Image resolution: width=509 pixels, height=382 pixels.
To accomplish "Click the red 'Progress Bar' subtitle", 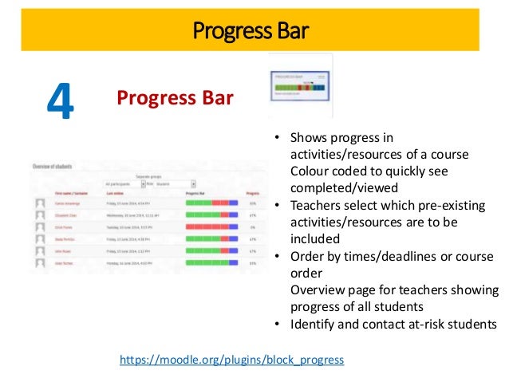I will [x=175, y=98].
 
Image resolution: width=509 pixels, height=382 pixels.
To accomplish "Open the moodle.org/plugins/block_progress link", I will [x=231, y=360].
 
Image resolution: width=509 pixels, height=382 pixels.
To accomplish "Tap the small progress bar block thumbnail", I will [x=300, y=86].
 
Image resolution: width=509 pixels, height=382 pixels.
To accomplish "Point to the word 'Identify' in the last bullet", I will [x=314, y=323].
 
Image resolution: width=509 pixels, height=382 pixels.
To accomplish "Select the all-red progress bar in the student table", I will [x=211, y=226].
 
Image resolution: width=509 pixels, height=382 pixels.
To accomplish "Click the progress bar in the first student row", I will [x=211, y=203].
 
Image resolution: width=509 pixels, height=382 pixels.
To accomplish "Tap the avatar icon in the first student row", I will [x=40, y=203].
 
